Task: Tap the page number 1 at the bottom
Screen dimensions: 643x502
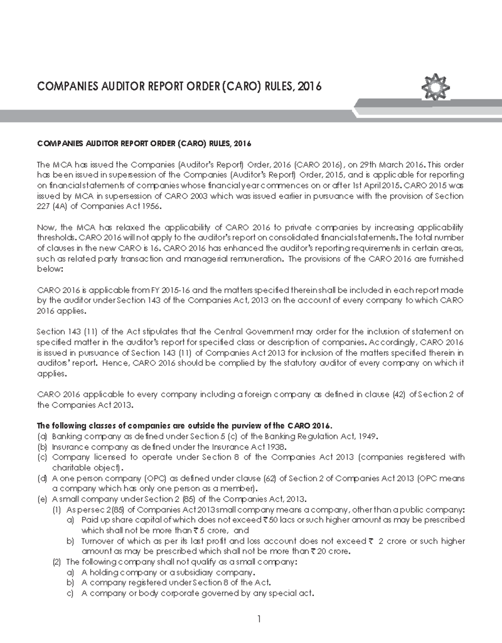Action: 259,619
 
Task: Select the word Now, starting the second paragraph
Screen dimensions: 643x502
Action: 46,227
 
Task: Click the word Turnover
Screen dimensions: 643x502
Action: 97,541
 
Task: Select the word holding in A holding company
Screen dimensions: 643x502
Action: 104,572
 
